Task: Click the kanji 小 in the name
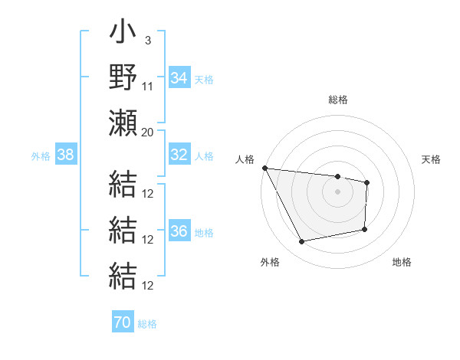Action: tap(123, 35)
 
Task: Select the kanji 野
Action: tap(123, 78)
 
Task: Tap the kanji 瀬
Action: tap(123, 123)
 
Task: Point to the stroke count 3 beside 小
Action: tap(147, 40)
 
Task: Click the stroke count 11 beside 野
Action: tap(148, 86)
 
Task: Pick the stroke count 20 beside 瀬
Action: tap(148, 132)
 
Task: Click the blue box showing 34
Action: tap(179, 77)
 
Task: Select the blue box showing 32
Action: tap(179, 155)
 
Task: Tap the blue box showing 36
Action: tap(179, 232)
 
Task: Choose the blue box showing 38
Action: tap(65, 155)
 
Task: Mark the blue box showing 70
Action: tap(122, 322)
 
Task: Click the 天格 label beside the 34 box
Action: tap(204, 78)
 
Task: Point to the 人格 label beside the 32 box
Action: tap(204, 155)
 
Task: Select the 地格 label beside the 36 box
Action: tap(204, 233)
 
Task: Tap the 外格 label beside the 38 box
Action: tap(41, 155)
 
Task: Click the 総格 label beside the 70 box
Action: tap(147, 323)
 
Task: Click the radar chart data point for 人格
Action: tap(264, 168)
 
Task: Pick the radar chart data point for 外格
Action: tap(301, 242)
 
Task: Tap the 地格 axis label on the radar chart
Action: tap(402, 263)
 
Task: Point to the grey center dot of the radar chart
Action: tap(337, 191)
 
